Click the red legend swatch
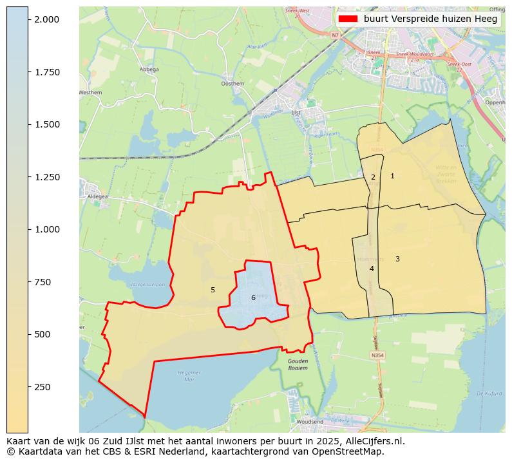point(348,19)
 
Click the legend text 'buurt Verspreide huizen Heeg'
point(430,19)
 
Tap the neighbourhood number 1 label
point(392,176)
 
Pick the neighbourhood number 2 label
point(373,177)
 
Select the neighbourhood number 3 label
point(397,259)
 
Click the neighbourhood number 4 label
point(372,269)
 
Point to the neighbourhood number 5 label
point(213,290)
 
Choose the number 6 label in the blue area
point(253,298)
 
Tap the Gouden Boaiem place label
point(298,364)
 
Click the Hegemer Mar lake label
point(189,375)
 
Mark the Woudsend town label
point(310,422)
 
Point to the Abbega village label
point(149,70)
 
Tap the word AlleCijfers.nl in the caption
point(373,441)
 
